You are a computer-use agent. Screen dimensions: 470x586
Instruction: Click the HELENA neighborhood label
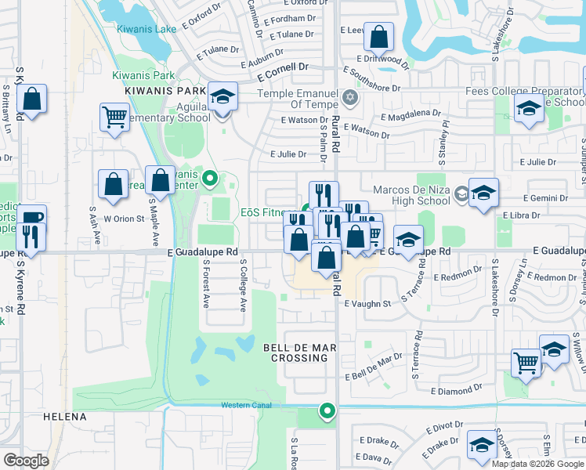[64, 418]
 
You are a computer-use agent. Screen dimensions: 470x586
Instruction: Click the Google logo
[26, 461]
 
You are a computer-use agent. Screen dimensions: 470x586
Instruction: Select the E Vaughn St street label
[367, 304]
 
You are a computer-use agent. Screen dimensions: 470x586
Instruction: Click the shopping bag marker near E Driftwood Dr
[378, 38]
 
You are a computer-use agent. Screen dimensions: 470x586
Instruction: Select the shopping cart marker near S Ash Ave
[114, 118]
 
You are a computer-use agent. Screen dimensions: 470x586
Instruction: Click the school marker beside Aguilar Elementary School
[223, 98]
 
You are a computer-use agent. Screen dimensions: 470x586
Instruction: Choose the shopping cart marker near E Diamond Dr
[526, 363]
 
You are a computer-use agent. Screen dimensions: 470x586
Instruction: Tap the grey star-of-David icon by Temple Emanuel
[350, 99]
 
